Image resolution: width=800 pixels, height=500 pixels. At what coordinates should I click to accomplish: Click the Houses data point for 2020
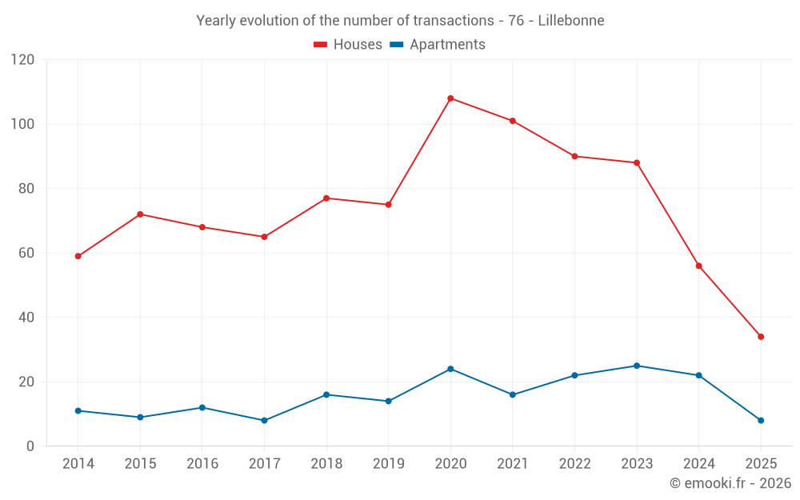(450, 98)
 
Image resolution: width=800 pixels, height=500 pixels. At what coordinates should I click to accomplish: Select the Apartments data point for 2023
(637, 366)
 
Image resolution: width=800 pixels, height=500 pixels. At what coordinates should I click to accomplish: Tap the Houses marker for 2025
(761, 337)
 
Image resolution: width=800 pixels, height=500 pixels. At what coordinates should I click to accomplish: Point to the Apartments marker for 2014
(78, 410)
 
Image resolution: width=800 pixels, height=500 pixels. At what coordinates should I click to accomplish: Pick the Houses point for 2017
(264, 237)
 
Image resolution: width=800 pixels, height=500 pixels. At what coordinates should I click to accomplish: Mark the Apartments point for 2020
(450, 369)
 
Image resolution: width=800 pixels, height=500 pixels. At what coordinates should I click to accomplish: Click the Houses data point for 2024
(698, 266)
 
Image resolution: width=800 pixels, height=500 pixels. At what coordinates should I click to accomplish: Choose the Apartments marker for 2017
(264, 420)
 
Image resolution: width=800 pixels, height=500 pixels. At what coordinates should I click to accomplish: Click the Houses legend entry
(348, 45)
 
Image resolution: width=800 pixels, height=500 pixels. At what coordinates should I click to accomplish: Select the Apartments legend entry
(438, 45)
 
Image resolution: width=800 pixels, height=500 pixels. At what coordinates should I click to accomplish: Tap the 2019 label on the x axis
(388, 464)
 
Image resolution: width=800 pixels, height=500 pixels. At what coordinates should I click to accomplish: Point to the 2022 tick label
(574, 464)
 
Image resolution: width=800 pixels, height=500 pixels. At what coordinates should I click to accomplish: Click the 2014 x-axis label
(78, 464)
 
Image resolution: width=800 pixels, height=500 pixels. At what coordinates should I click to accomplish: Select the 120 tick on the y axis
(23, 60)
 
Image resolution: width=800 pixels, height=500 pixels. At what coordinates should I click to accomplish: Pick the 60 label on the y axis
(26, 253)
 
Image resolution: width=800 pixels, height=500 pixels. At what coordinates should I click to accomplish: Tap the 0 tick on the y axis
(30, 446)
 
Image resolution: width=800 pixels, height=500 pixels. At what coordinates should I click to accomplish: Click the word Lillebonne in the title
(571, 20)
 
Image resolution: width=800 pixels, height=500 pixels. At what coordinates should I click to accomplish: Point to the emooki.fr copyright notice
(730, 483)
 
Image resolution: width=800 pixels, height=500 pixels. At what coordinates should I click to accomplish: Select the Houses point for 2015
(140, 214)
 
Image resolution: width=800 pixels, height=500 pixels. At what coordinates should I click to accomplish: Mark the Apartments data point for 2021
(513, 394)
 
